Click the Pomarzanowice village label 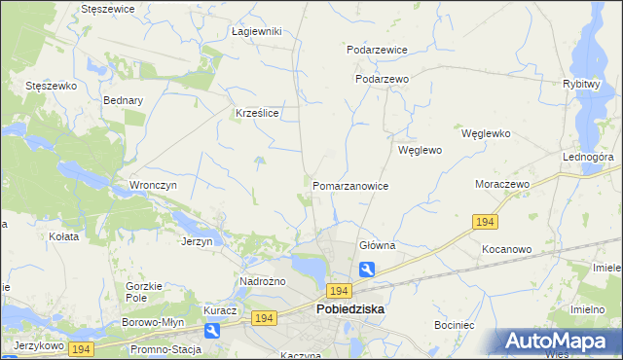point(350,186)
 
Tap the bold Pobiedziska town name point(350,309)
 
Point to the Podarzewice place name point(377,50)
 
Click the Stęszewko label point(52,86)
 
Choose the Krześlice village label point(258,113)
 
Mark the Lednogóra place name point(587,157)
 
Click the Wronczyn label point(152,185)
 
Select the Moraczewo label point(501,184)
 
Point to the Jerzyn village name point(197,240)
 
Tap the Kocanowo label point(506,249)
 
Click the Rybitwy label point(580,84)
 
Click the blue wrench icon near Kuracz point(212,331)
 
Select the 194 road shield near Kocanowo point(488,223)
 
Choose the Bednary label point(123,100)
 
